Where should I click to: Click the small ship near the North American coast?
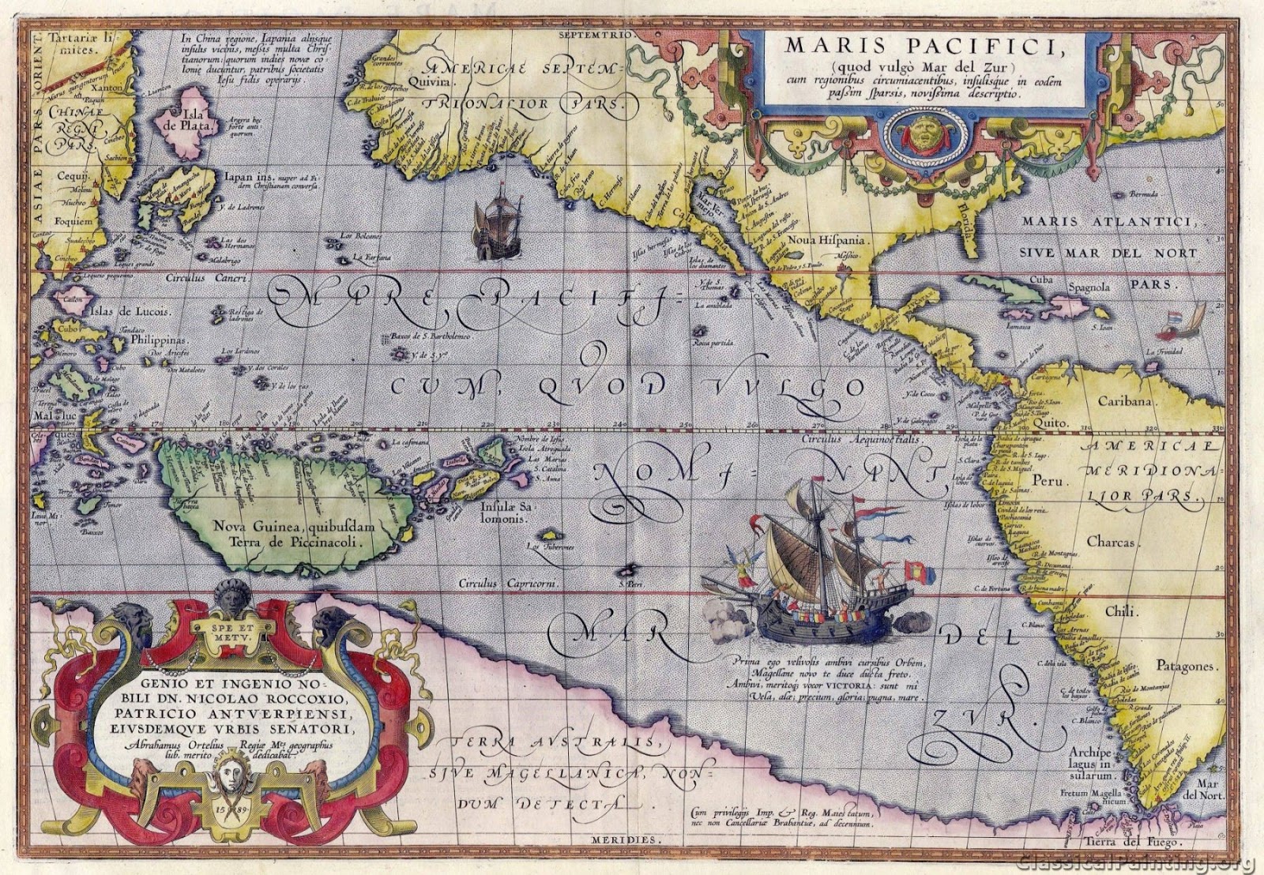[x=495, y=228]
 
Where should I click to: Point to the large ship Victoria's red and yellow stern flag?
[x=918, y=570]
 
